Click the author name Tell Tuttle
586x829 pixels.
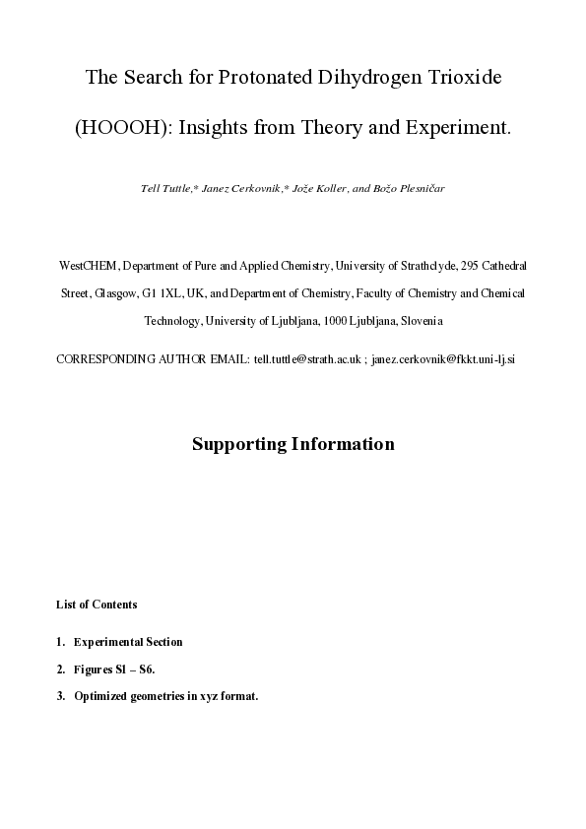(x=169, y=187)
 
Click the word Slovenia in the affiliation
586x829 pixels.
(x=419, y=321)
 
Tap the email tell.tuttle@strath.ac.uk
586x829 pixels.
(x=307, y=359)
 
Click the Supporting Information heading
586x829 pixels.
(x=293, y=444)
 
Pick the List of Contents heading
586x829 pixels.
(x=97, y=605)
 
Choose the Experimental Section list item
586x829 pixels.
(x=128, y=642)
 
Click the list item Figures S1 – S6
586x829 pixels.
(x=114, y=670)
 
